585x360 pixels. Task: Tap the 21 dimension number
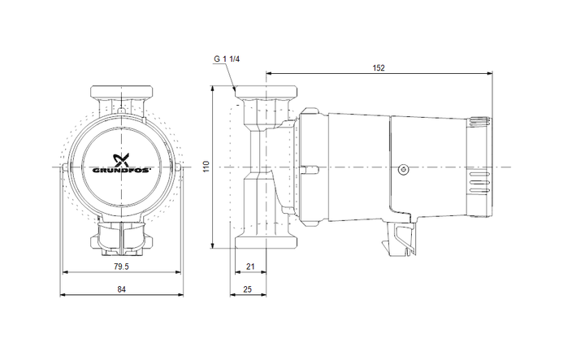[x=249, y=266]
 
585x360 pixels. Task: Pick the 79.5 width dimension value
[x=122, y=266]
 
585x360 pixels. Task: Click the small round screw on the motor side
[x=402, y=170]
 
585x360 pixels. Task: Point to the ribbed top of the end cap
[x=479, y=124]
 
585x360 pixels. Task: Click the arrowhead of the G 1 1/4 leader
[x=235, y=89]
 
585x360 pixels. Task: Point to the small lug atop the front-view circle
[x=122, y=109]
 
